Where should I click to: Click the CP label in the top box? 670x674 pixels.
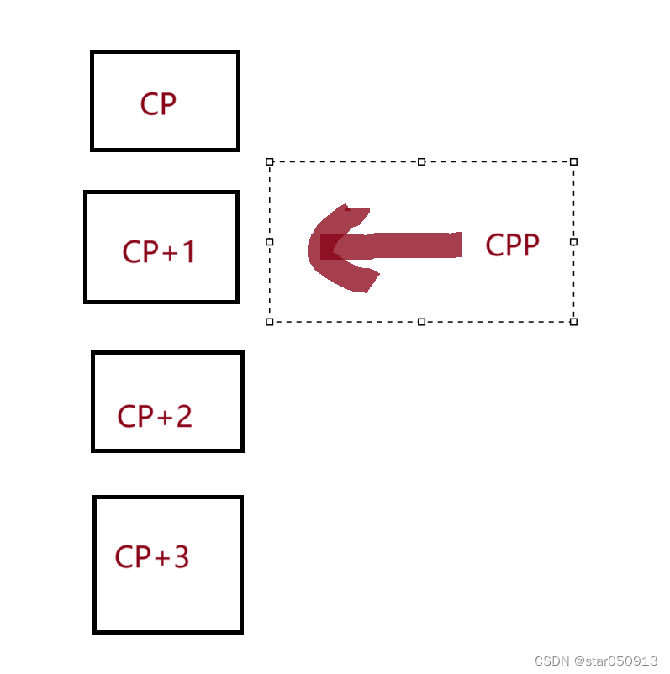click(158, 104)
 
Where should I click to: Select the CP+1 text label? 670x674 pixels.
click(159, 251)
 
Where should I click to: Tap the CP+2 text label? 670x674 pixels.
click(155, 416)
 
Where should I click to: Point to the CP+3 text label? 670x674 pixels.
click(152, 556)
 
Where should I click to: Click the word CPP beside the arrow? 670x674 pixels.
click(512, 245)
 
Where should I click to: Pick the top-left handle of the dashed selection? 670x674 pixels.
click(270, 161)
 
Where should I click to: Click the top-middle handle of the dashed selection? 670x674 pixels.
click(422, 161)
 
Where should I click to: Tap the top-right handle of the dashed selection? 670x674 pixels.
click(574, 161)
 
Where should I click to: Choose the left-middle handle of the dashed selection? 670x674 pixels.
click(270, 241)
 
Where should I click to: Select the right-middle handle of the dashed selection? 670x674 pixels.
click(574, 241)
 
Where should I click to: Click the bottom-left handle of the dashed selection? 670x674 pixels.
click(270, 321)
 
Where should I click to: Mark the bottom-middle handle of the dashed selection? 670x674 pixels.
click(422, 321)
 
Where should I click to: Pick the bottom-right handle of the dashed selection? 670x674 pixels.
click(574, 321)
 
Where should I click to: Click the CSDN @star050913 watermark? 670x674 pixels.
click(596, 661)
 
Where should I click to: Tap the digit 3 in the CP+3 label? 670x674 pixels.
click(181, 556)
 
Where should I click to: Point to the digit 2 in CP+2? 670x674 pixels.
click(183, 416)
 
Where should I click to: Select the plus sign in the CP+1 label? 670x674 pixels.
click(166, 252)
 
